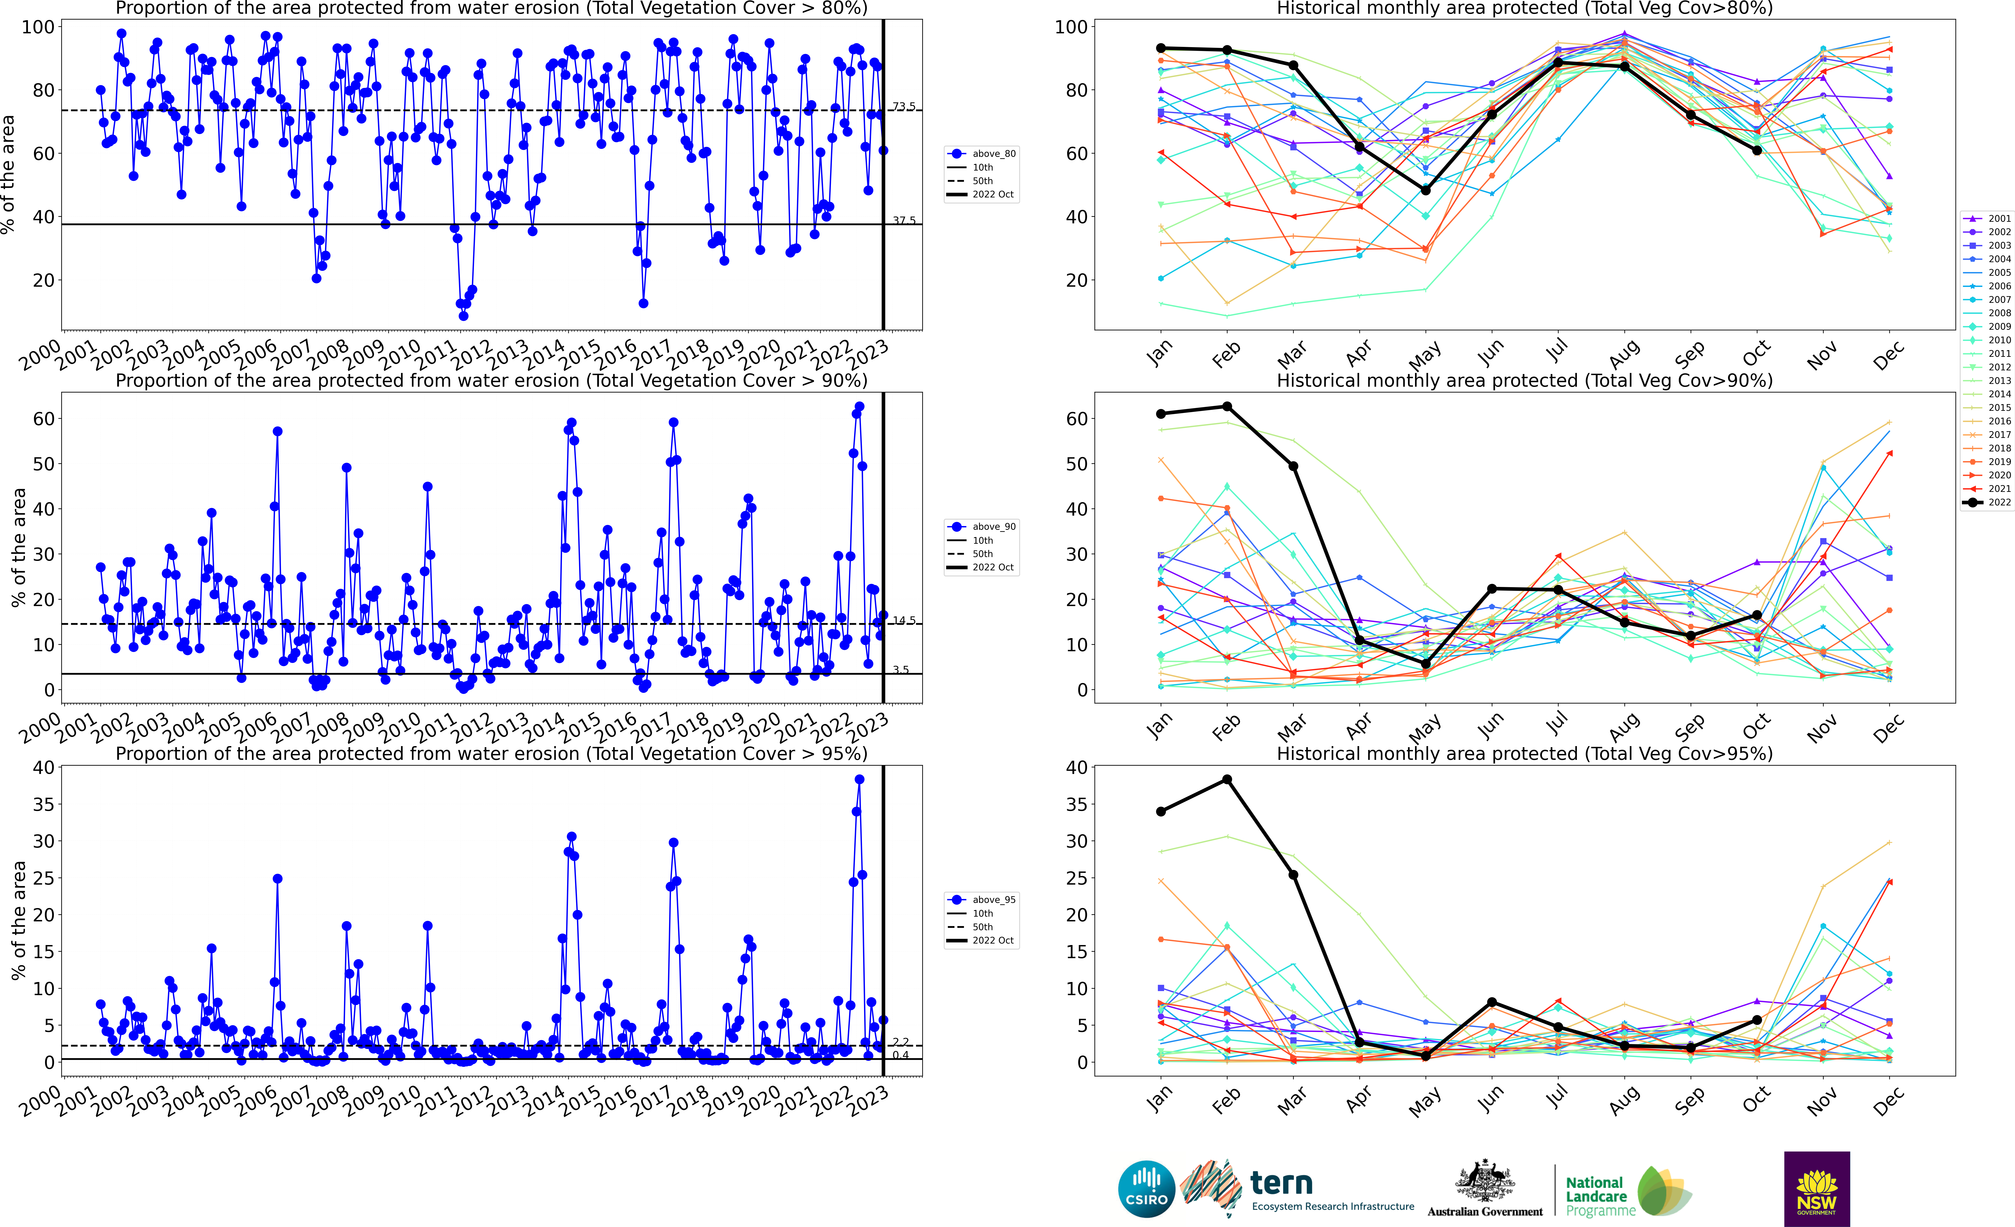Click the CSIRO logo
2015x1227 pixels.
[x=1146, y=1189]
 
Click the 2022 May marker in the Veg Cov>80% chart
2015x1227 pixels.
[x=1425, y=190]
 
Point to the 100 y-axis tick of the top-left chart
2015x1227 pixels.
[x=38, y=27]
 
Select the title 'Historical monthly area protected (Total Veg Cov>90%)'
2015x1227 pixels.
[x=1524, y=380]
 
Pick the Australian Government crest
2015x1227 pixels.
[x=1484, y=1182]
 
